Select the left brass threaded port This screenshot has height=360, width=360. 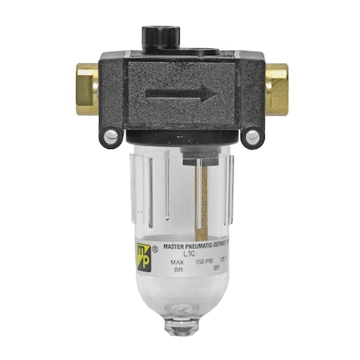coord(86,88)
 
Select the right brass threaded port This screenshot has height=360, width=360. coord(276,88)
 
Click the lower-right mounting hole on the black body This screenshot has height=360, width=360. coord(252,138)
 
